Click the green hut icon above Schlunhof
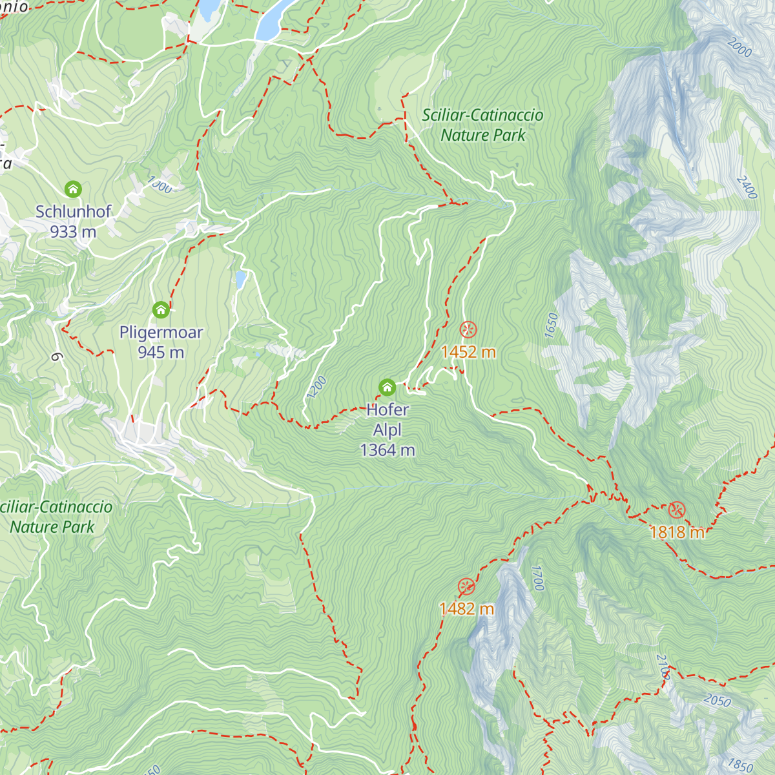pos(73,189)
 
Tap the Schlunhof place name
pos(73,211)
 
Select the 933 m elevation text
pos(73,231)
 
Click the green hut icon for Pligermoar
pos(161,310)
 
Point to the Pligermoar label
pos(161,332)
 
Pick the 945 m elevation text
pos(161,352)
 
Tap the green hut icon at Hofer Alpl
pos(387,387)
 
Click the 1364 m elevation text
pos(387,450)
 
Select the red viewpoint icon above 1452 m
pos(468,330)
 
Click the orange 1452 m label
pos(468,352)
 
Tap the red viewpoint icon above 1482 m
pos(466,587)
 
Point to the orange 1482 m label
pos(466,609)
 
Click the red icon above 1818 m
pos(676,510)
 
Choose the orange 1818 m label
pos(676,532)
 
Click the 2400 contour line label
pos(746,187)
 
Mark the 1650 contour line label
pos(551,325)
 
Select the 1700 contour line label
pos(538,578)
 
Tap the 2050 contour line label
pos(717,700)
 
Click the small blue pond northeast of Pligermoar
pos(240,279)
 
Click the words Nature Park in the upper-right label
pos(483,136)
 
